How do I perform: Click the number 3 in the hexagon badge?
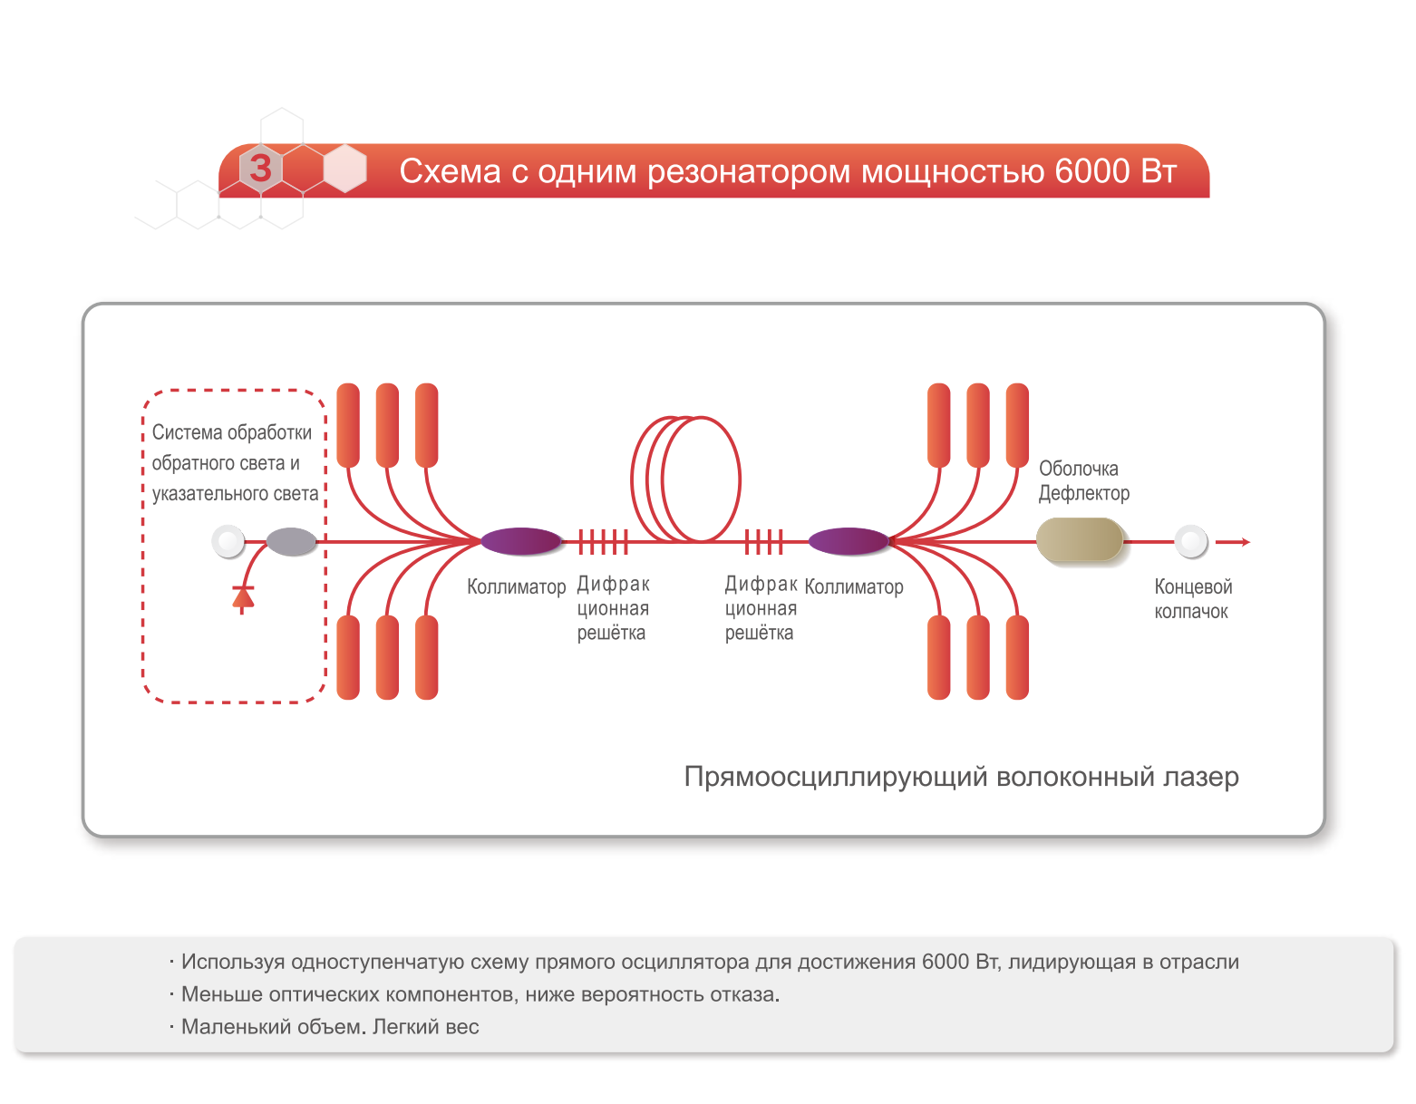(261, 169)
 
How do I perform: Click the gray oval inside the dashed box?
(291, 542)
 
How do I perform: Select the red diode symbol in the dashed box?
(242, 598)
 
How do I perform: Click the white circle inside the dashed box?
(228, 542)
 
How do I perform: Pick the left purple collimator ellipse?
(521, 541)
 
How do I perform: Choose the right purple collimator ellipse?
(849, 541)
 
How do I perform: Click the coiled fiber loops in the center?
(686, 479)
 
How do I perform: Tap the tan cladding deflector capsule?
(1080, 540)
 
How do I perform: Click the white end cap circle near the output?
(1191, 542)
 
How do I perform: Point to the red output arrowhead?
(1245, 542)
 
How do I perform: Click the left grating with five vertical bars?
(603, 542)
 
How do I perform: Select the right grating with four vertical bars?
(763, 542)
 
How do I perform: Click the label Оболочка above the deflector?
(1078, 469)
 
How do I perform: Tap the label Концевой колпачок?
(1192, 599)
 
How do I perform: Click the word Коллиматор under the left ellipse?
(516, 586)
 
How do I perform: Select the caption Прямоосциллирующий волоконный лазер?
(961, 777)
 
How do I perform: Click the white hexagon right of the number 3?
(344, 169)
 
